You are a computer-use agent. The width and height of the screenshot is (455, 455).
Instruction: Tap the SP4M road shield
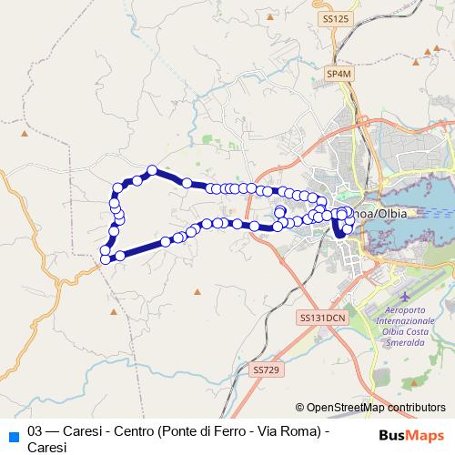click(x=339, y=74)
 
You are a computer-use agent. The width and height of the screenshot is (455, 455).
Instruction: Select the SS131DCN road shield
click(x=321, y=318)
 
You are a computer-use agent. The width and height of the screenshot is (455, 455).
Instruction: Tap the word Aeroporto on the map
click(x=403, y=312)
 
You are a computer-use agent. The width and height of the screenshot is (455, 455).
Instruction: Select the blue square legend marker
click(x=12, y=434)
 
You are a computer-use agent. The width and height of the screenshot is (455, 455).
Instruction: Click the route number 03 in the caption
click(x=36, y=430)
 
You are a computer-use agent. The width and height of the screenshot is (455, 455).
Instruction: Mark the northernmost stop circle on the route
click(x=153, y=170)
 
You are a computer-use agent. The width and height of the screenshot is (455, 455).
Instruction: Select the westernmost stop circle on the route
click(x=106, y=259)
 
